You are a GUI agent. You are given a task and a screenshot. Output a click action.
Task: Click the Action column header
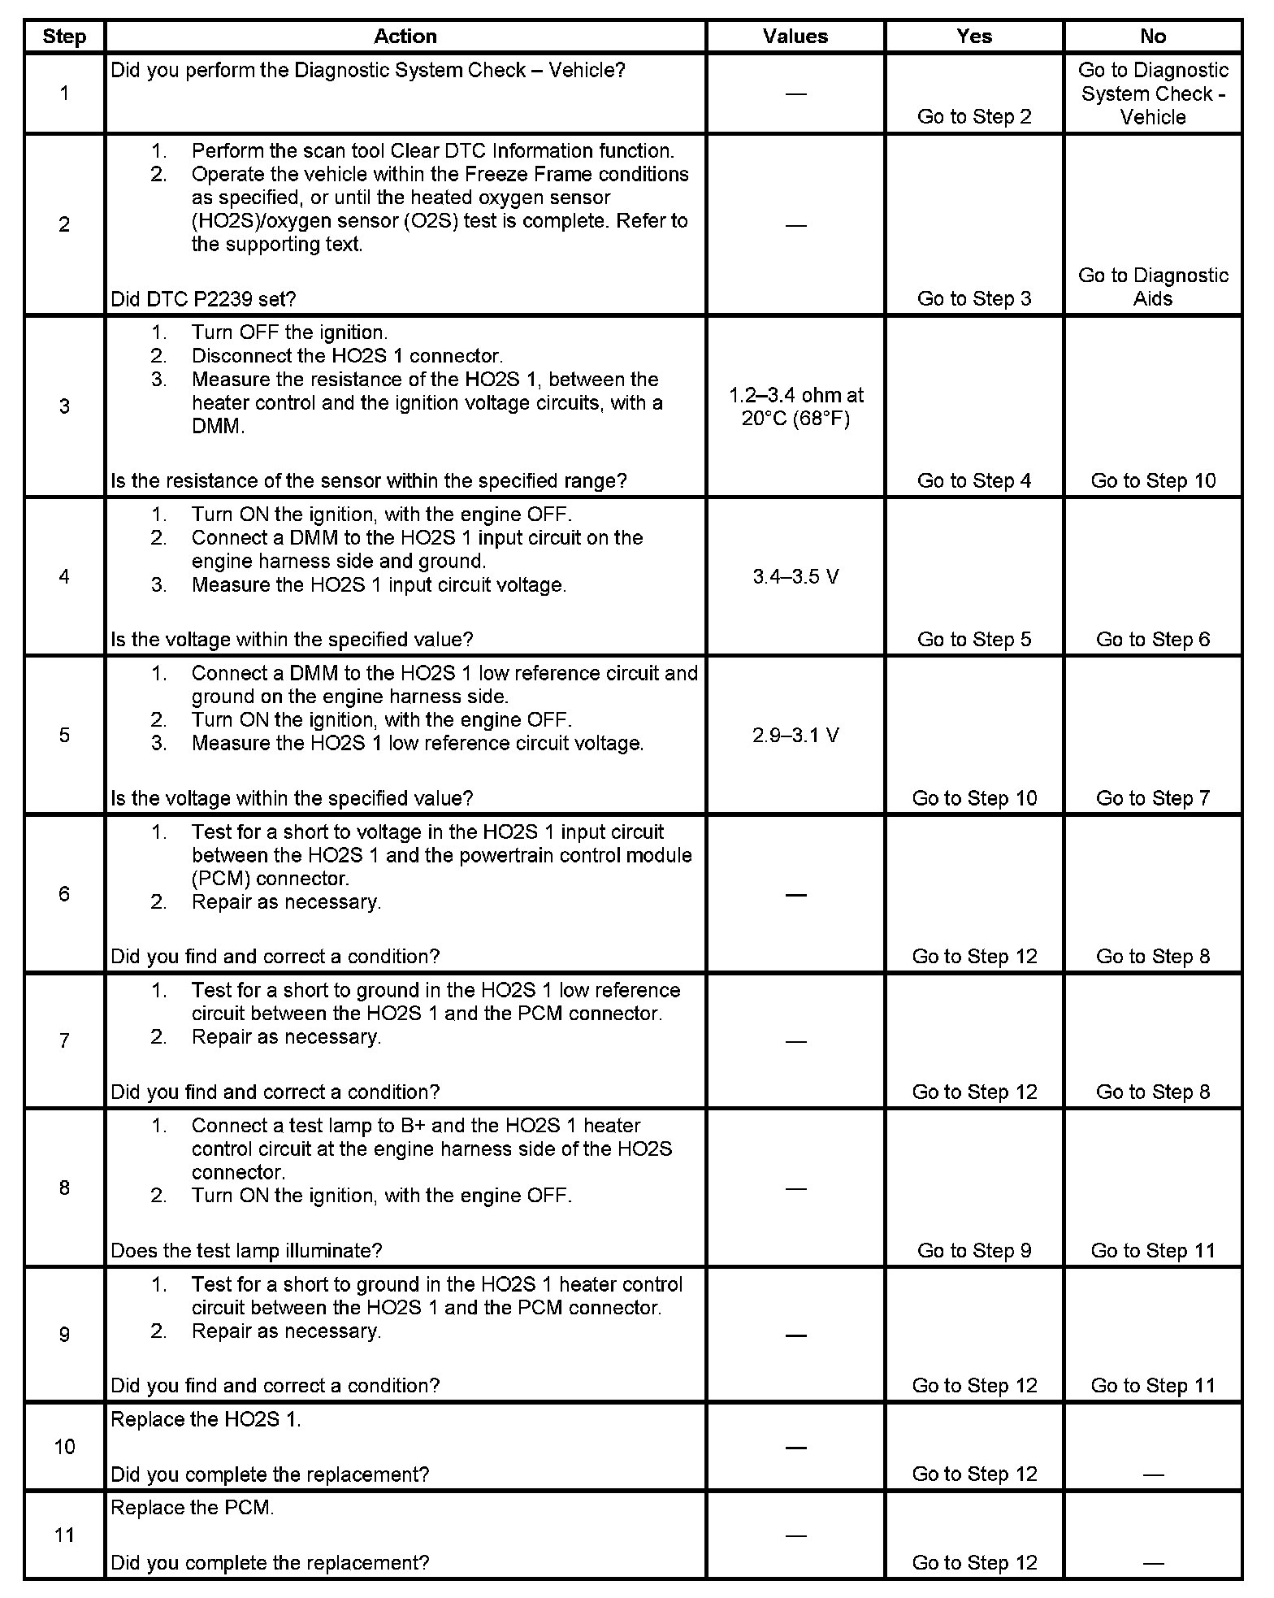tap(405, 37)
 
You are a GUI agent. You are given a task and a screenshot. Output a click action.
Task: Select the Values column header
tap(795, 37)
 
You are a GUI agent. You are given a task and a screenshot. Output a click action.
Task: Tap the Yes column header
tap(973, 37)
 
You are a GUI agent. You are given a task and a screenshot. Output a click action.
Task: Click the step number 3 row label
tap(64, 406)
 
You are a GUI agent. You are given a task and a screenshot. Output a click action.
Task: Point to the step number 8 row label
tap(64, 1188)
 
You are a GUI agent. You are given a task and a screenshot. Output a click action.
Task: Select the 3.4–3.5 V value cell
tap(795, 576)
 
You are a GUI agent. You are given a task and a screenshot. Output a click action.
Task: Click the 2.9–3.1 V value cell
tap(795, 735)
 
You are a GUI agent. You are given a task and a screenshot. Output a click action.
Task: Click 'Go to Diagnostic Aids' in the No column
tap(1152, 287)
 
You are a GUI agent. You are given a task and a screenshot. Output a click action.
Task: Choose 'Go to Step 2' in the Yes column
tap(973, 116)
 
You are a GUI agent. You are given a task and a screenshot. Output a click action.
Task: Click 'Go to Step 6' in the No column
tap(1152, 639)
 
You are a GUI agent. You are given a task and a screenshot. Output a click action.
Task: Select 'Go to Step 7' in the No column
tap(1152, 797)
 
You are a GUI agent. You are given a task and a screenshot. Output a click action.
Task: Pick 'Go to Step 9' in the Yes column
tap(973, 1250)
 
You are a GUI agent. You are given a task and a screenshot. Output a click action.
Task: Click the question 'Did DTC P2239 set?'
tap(203, 299)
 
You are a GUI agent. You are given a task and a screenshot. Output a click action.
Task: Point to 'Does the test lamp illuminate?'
tap(246, 1250)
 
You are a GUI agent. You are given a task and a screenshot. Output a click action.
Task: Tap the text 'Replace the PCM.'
tap(193, 1507)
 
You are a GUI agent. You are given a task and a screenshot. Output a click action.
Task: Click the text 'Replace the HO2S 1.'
tap(206, 1418)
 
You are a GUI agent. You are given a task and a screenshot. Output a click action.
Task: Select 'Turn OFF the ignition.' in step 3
tap(289, 332)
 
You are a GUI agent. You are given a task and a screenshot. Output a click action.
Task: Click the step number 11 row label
tap(64, 1535)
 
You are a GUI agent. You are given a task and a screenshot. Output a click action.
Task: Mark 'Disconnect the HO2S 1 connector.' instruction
tap(347, 356)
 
